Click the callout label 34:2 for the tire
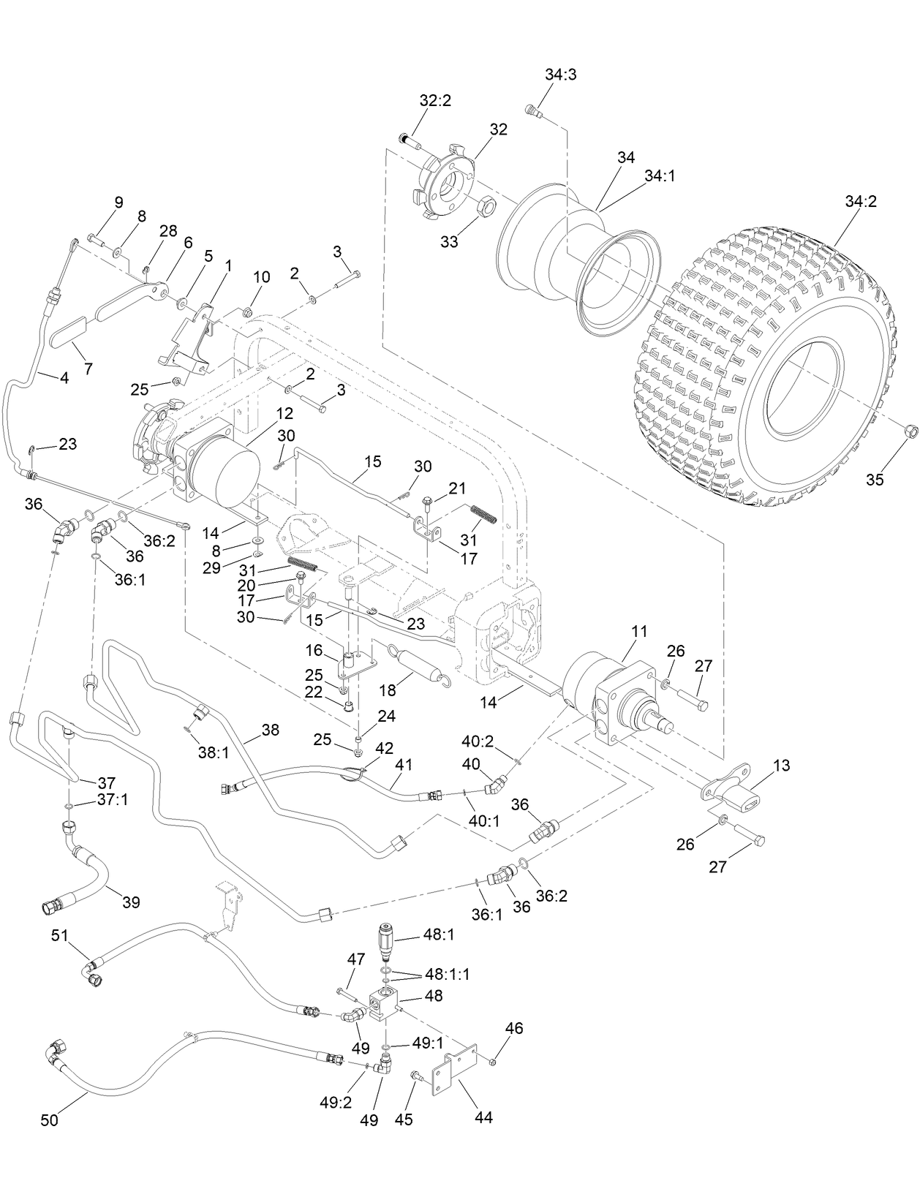point(860,201)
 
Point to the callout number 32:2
point(435,101)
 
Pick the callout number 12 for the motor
point(285,413)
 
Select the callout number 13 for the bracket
point(781,766)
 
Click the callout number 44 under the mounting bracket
point(483,1117)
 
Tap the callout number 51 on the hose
point(61,936)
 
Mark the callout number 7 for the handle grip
point(88,369)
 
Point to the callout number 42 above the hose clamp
point(384,748)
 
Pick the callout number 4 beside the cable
point(64,378)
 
